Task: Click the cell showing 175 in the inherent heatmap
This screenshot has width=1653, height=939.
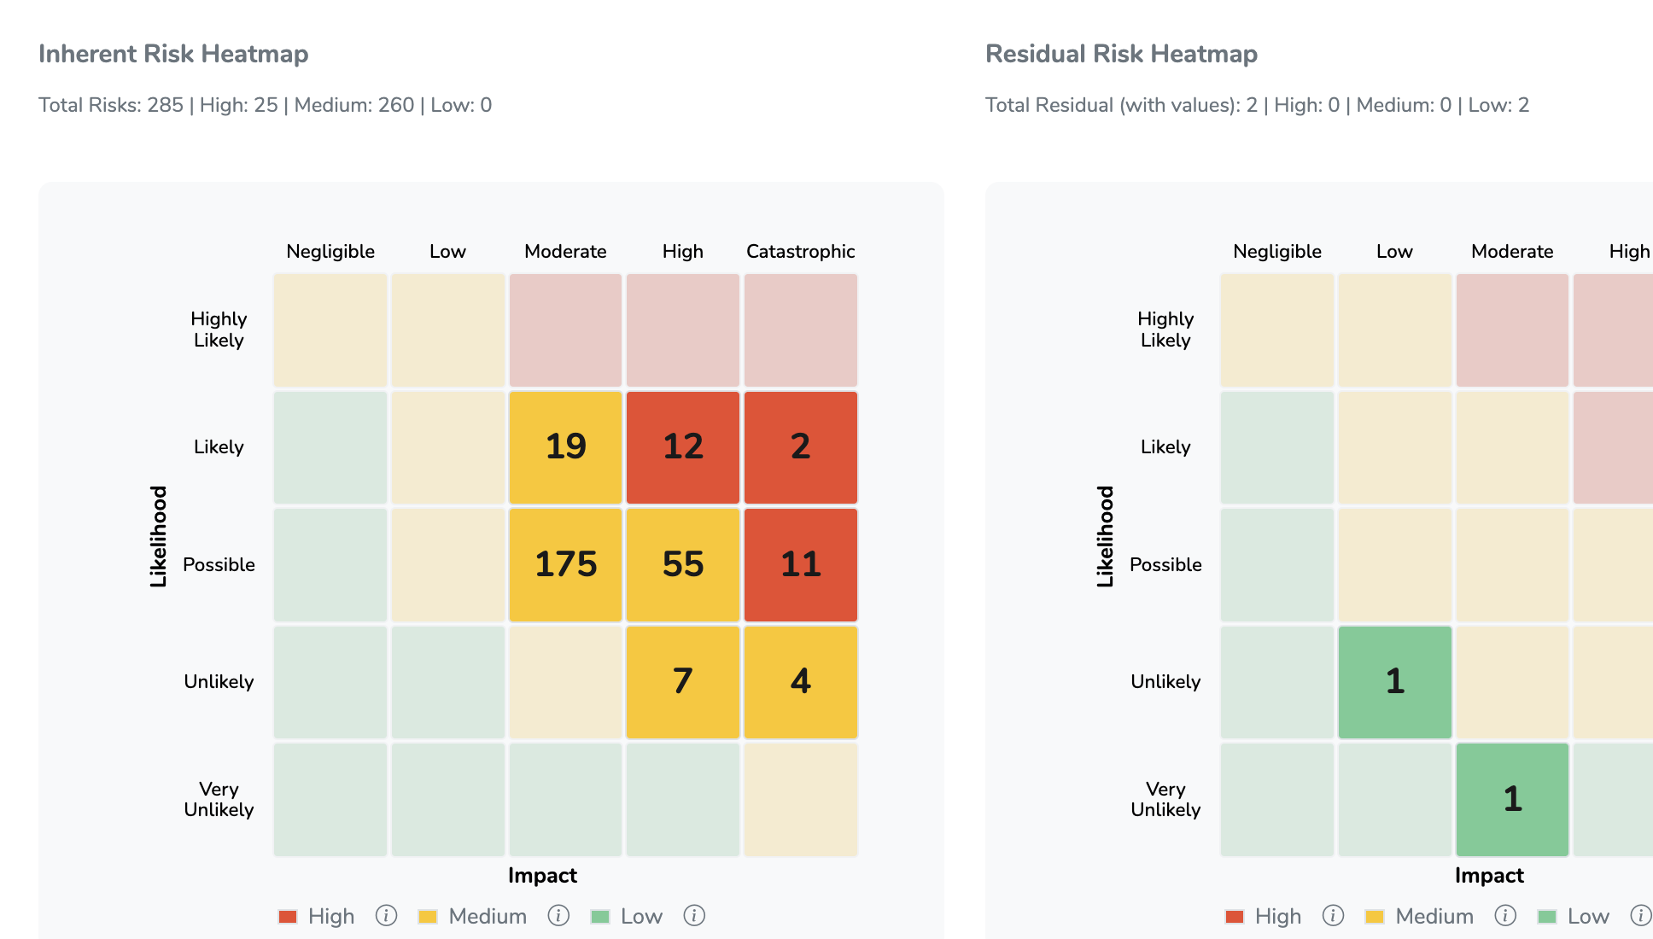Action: click(565, 564)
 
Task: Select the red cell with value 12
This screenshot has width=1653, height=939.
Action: click(682, 446)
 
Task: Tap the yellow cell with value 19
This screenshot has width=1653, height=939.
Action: click(565, 446)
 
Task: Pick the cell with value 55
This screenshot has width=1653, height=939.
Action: click(682, 564)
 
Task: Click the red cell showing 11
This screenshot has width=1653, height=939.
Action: click(800, 564)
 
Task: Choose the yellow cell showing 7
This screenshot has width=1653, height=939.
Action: click(682, 681)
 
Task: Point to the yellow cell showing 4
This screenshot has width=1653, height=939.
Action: click(800, 681)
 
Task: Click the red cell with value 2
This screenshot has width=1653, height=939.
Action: click(800, 446)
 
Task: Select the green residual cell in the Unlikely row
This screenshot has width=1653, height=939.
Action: click(1394, 681)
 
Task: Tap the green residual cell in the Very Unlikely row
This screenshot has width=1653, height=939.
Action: click(1512, 799)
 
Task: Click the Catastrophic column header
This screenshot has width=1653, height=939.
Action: click(800, 252)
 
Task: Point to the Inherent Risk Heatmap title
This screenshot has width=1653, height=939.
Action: click(173, 54)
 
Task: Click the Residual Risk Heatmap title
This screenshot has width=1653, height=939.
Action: click(1121, 54)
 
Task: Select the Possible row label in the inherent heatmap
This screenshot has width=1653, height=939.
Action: click(219, 564)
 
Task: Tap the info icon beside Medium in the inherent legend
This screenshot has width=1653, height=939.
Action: click(558, 916)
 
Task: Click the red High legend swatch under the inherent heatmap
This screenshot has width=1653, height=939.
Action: click(288, 917)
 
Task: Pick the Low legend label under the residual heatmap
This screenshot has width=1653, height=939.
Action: click(1588, 916)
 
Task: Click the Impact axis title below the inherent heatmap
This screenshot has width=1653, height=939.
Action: click(542, 876)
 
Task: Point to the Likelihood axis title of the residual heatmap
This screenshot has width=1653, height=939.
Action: click(1106, 536)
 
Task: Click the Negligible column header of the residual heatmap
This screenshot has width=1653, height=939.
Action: click(1276, 252)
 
